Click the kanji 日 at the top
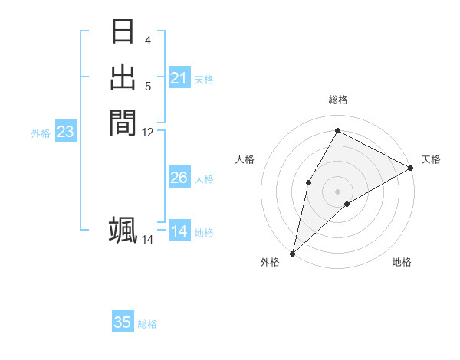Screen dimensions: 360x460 123,32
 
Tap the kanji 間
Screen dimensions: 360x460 123,122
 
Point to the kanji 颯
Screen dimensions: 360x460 123,230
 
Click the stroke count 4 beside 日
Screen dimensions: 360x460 148,41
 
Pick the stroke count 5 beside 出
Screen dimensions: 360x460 148,86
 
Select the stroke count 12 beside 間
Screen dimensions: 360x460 148,133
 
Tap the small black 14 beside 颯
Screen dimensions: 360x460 148,240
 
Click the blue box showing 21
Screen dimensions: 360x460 179,78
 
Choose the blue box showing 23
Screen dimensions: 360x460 66,132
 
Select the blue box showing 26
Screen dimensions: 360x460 179,178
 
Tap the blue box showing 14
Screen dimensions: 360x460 179,231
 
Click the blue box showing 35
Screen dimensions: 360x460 123,322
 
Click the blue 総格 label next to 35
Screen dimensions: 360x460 147,324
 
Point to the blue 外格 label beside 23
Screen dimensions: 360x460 41,133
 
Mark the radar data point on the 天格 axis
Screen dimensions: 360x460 411,168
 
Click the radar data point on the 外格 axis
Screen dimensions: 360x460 292,254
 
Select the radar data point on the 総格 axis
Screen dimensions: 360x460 337,130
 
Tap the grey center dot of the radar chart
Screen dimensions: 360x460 337,191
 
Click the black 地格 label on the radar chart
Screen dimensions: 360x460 402,263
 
